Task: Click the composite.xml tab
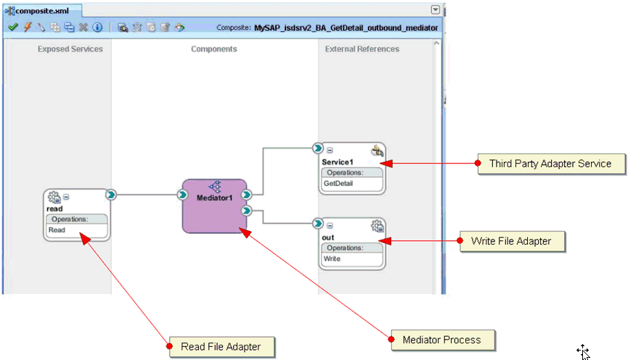pyautogui.click(x=41, y=10)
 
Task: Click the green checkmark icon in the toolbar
pyautogui.click(x=12, y=28)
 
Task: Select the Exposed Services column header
pyautogui.click(x=70, y=49)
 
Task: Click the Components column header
pyautogui.click(x=214, y=49)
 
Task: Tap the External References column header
pyautogui.click(x=362, y=49)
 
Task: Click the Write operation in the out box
pyautogui.click(x=332, y=258)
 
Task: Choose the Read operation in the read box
pyautogui.click(x=57, y=229)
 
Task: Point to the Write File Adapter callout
pyautogui.click(x=511, y=241)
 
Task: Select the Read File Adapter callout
pyautogui.click(x=221, y=347)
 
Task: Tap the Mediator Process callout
pyautogui.click(x=441, y=339)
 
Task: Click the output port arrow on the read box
pyautogui.click(x=110, y=195)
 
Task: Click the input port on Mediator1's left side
pyautogui.click(x=183, y=195)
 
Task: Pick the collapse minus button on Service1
pyautogui.click(x=330, y=150)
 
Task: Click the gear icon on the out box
pyautogui.click(x=376, y=226)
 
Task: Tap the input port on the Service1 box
pyautogui.click(x=317, y=148)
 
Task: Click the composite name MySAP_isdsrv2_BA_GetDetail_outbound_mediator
pyautogui.click(x=346, y=28)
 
